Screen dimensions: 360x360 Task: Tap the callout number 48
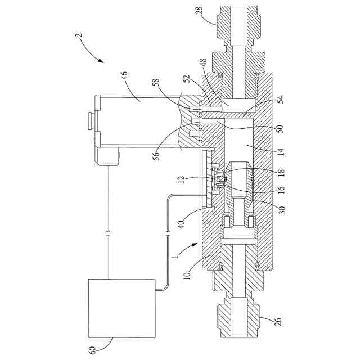(x=204, y=63)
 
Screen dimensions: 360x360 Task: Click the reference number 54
(x=281, y=100)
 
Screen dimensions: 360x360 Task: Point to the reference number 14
(x=281, y=152)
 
